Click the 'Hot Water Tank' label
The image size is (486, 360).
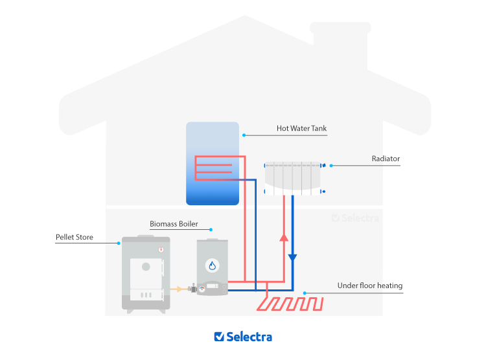tap(301, 128)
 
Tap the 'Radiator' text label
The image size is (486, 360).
tap(386, 159)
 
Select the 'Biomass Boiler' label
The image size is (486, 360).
tap(173, 224)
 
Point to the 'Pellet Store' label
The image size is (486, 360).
tap(74, 238)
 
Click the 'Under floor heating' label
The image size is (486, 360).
tap(369, 286)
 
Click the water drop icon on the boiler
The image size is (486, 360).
tap(212, 265)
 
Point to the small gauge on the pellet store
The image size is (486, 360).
tap(161, 249)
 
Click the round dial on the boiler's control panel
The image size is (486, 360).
tap(202, 289)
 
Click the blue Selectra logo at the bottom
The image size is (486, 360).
tap(243, 337)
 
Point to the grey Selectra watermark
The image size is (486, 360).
tap(354, 218)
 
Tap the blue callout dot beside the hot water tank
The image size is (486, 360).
tap(244, 135)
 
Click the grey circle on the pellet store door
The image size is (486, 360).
tap(146, 266)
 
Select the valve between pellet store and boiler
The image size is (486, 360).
tap(192, 290)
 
